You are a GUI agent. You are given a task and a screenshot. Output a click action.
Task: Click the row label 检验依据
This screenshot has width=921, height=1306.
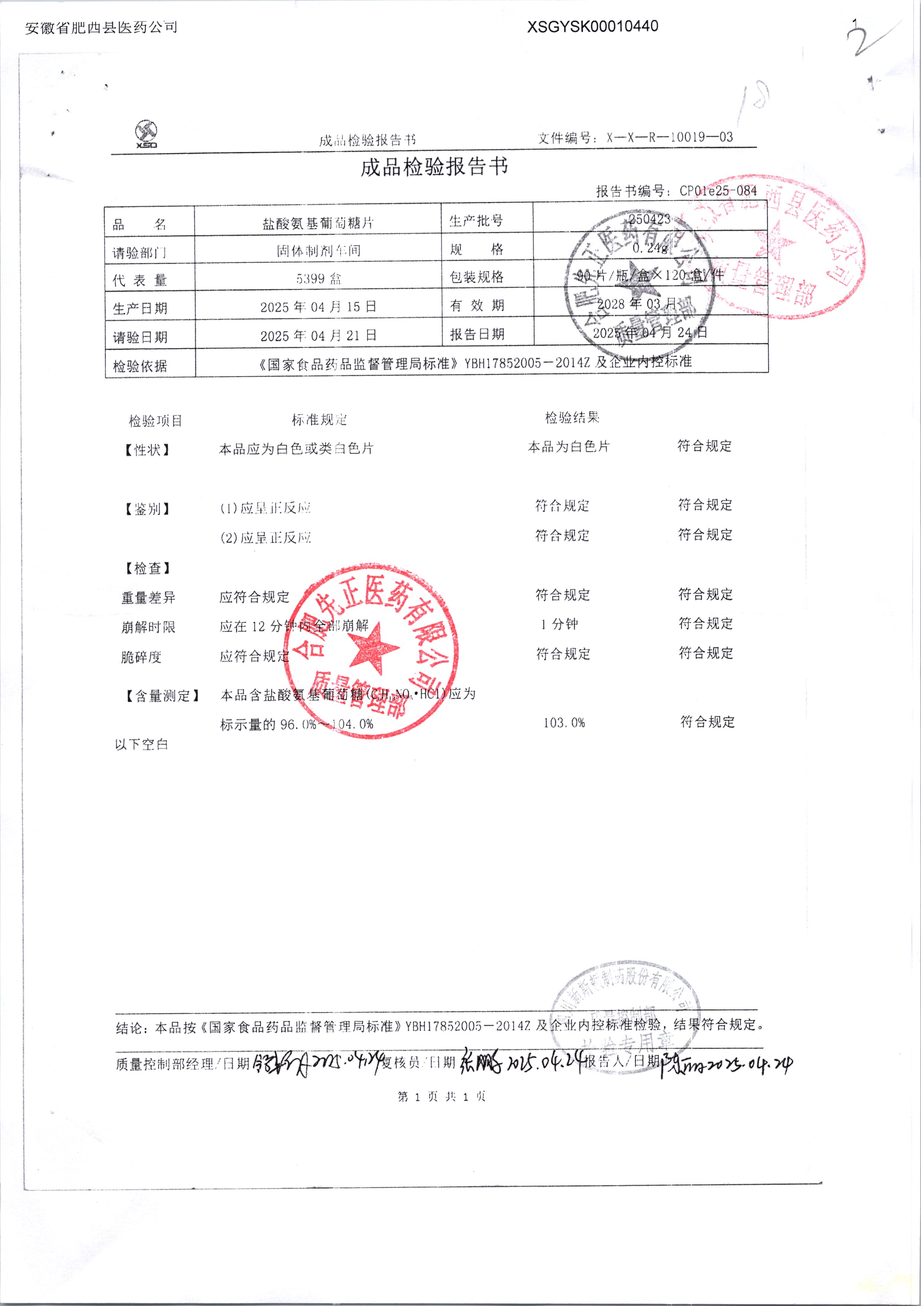pyautogui.click(x=140, y=366)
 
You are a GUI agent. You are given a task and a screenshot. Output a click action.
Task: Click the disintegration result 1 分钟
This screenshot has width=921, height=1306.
pyautogui.click(x=560, y=624)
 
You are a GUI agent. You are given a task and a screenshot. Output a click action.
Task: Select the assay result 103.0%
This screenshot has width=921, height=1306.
pyautogui.click(x=564, y=723)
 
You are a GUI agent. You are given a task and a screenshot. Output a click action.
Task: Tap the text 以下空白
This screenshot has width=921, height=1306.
pyautogui.click(x=141, y=745)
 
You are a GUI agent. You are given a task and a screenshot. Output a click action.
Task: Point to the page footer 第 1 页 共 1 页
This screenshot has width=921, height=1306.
pyautogui.click(x=442, y=1097)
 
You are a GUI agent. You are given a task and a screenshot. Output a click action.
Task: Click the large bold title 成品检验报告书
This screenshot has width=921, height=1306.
pyautogui.click(x=434, y=167)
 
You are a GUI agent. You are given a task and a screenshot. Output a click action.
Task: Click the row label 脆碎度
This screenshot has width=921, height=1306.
pyautogui.click(x=141, y=657)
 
